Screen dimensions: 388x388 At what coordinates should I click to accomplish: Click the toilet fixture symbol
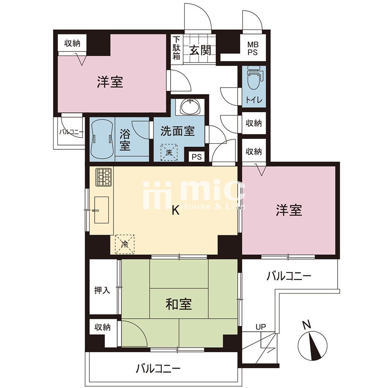coord(254,78)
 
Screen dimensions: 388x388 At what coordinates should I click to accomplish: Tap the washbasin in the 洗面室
coord(190,107)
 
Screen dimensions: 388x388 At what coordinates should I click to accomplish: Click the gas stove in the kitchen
coord(104,177)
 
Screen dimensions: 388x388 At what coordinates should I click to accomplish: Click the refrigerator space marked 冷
coord(125,244)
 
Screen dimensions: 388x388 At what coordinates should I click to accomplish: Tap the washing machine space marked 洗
coord(169,152)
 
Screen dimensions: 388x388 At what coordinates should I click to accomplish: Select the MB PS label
coord(253,48)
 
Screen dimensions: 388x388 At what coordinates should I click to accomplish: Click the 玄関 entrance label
coord(200,50)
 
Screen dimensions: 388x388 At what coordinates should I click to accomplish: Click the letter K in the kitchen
coord(176,211)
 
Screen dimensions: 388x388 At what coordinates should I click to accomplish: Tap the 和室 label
coord(178,304)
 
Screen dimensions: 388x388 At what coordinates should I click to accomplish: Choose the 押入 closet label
coord(102,290)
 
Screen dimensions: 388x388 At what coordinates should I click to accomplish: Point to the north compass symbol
coord(312,345)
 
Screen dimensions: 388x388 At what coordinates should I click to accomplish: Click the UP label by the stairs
coord(261,327)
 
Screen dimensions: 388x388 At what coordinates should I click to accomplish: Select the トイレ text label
coord(254,100)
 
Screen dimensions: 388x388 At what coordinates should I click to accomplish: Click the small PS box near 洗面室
coord(197,157)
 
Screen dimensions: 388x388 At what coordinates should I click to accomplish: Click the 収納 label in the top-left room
coord(72,43)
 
